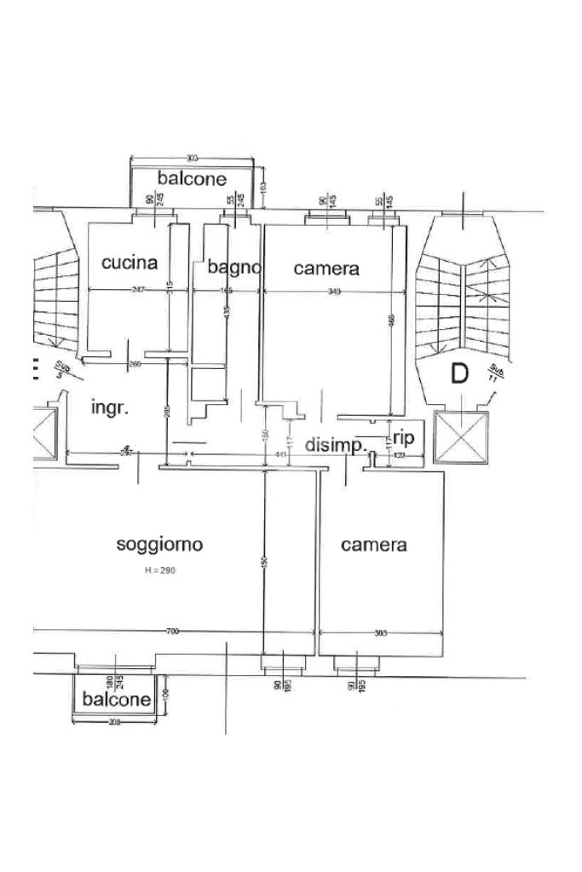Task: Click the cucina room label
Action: point(130,263)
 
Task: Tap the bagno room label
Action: point(233,268)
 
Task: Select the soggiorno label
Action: point(159,544)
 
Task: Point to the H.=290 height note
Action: point(159,571)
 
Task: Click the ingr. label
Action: point(110,407)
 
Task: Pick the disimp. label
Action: point(336,444)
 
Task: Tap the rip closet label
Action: point(403,438)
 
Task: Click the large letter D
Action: point(459,373)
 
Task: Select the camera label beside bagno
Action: point(326,269)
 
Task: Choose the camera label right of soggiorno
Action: point(373,545)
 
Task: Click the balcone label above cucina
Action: point(192,178)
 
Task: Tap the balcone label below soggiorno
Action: point(117,699)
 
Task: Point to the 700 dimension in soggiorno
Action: point(172,632)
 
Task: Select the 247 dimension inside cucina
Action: point(138,291)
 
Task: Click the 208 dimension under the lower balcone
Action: point(115,722)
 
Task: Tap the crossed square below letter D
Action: point(461,437)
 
